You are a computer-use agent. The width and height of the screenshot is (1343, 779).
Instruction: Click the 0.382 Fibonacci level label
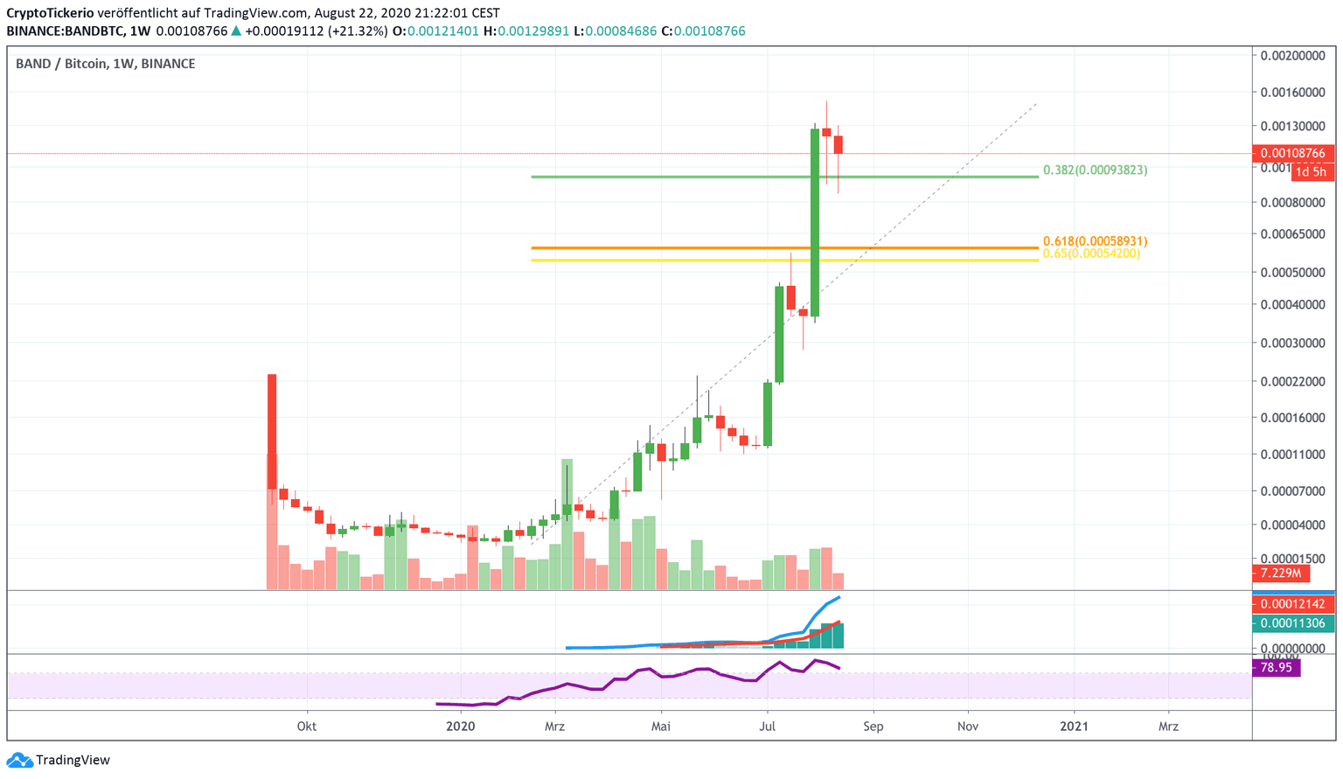pyautogui.click(x=1095, y=170)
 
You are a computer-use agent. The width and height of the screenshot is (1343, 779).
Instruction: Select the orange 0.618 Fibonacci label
pyautogui.click(x=1095, y=241)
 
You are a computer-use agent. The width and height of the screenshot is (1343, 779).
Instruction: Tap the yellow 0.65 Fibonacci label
pyautogui.click(x=1091, y=254)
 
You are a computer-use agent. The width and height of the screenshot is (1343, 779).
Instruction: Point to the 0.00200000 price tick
pyautogui.click(x=1292, y=56)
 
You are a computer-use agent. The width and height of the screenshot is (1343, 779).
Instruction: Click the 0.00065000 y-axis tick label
pyautogui.click(x=1292, y=234)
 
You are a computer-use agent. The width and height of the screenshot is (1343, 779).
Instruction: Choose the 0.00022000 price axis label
pyautogui.click(x=1292, y=381)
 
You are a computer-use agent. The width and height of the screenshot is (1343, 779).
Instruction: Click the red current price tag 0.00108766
pyautogui.click(x=1292, y=154)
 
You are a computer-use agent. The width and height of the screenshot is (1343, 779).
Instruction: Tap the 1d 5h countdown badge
pyautogui.click(x=1311, y=172)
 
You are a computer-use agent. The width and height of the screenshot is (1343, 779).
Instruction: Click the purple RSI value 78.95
pyautogui.click(x=1277, y=668)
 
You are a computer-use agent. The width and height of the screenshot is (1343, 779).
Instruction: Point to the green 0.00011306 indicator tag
pyautogui.click(x=1292, y=623)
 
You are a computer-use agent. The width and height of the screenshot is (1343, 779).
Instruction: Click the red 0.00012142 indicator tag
pyautogui.click(x=1292, y=604)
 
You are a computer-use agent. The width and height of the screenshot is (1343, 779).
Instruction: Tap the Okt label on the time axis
pyautogui.click(x=307, y=727)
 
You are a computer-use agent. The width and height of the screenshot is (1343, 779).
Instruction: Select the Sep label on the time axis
pyautogui.click(x=873, y=727)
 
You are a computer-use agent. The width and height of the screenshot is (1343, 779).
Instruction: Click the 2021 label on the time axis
pyautogui.click(x=1074, y=727)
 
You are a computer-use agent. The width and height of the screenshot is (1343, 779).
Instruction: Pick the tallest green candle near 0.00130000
pyautogui.click(x=815, y=223)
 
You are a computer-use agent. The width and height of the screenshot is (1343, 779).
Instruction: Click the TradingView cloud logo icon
pyautogui.click(x=19, y=760)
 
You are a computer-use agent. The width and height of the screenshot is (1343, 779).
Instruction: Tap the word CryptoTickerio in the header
pyautogui.click(x=50, y=13)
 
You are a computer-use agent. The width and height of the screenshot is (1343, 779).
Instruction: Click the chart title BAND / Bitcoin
pyautogui.click(x=61, y=64)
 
